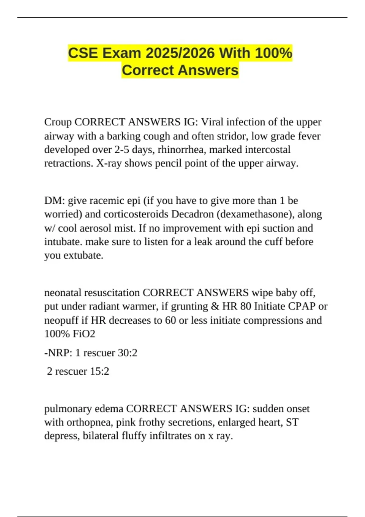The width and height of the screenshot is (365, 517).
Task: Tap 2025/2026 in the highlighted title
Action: [x=180, y=53]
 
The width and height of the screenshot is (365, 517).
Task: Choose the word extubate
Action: [x=83, y=255]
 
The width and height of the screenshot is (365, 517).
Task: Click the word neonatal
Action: [x=63, y=293]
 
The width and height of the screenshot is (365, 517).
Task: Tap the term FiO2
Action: [x=84, y=334]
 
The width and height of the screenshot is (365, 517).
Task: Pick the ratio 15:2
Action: [x=99, y=371]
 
